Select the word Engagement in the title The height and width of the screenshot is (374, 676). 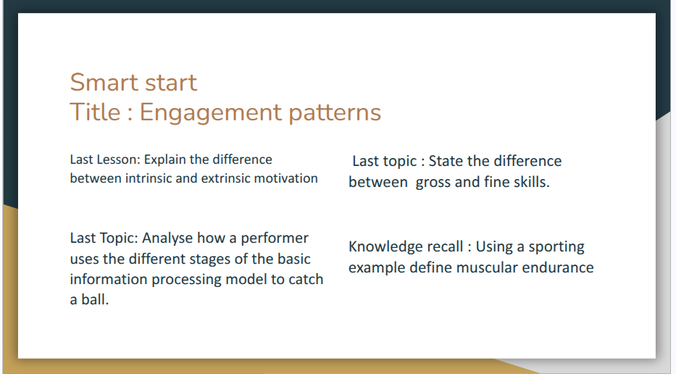point(210,114)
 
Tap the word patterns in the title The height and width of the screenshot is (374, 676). point(335,113)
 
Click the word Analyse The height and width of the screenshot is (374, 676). point(167,238)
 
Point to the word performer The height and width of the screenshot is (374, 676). point(275,238)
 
